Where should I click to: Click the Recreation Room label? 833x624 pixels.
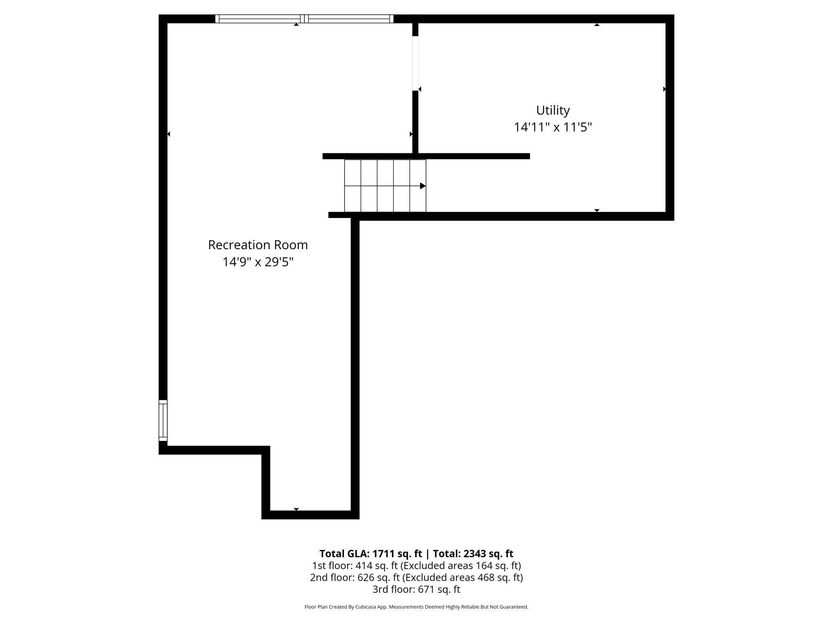coord(258,245)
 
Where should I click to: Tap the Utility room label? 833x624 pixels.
coord(553,110)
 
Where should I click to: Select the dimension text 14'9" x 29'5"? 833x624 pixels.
coord(258,262)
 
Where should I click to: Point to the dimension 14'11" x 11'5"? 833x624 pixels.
coord(553,127)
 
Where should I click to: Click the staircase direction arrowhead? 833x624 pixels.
coord(423,186)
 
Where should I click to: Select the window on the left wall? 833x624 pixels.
coord(163,420)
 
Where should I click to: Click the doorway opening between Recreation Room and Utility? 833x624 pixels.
coord(415,64)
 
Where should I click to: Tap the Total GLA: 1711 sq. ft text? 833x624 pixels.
coord(370,554)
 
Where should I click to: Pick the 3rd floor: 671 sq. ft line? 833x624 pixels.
coord(416,589)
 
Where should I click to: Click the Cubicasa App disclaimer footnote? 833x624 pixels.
coord(416,607)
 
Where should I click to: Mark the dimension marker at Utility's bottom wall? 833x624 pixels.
coord(597,210)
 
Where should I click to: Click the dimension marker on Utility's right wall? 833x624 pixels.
coord(664,89)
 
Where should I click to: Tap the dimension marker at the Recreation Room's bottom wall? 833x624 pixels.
coord(296,509)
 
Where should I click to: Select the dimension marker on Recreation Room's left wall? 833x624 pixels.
coord(169,134)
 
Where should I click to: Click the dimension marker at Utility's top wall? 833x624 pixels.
coord(597,25)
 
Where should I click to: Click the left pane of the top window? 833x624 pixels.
coord(260,19)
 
